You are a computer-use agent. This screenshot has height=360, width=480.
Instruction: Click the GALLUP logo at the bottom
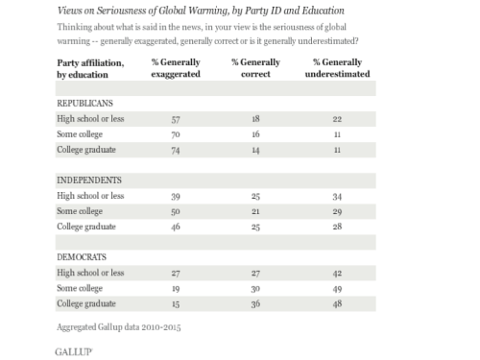pos(74,352)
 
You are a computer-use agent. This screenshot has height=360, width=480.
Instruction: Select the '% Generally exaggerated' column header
pos(176,68)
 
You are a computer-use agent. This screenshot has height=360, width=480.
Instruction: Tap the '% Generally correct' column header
pos(255,68)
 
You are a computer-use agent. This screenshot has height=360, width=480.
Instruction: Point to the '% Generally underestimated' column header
pos(337,68)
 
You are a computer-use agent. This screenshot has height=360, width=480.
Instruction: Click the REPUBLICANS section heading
pos(84,104)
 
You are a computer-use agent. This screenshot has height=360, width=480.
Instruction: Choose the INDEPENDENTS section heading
pos(89,180)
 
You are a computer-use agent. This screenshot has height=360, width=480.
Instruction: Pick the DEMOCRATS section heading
pos(82,257)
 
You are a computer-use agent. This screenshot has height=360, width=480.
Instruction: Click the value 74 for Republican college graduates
pos(176,150)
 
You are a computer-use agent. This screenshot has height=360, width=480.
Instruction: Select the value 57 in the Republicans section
pos(176,119)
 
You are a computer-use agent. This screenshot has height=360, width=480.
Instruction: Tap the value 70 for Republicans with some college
pos(176,134)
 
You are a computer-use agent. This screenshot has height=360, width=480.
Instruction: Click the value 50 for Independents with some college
pos(176,211)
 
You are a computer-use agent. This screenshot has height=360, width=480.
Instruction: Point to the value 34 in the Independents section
pos(337,197)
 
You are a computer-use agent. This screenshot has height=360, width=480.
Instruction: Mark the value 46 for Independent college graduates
pos(176,227)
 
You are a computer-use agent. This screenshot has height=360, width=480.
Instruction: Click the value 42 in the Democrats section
pos(337,274)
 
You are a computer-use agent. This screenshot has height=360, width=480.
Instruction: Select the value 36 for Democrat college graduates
pos(255,303)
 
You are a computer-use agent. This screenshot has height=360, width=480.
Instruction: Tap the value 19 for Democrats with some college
pos(176,289)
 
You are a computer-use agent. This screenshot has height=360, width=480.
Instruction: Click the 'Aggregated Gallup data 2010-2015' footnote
pos(119,327)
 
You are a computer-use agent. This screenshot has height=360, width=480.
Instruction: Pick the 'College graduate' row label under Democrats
pos(86,303)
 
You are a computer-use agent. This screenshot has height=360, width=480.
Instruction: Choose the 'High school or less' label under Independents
pos(90,196)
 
